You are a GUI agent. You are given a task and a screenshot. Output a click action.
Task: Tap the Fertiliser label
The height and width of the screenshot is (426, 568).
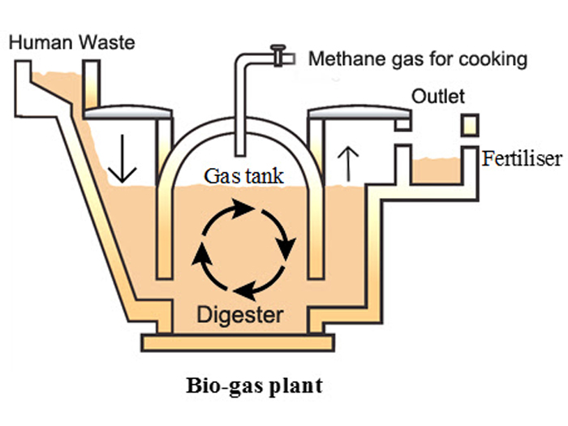(522, 158)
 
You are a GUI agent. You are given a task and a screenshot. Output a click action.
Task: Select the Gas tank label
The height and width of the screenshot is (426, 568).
(244, 175)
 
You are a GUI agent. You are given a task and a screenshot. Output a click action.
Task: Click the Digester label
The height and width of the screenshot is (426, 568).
(243, 312)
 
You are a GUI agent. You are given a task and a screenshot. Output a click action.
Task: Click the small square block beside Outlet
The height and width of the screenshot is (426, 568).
(471, 124)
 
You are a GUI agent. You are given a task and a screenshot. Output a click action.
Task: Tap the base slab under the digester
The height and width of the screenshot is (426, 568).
(244, 342)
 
